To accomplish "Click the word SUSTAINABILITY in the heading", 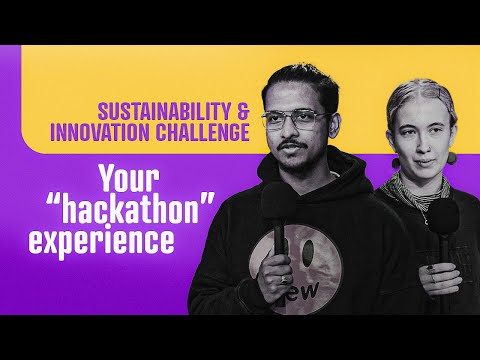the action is (x=164, y=111).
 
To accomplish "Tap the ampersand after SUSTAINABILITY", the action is (x=243, y=111).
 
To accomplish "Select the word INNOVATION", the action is (x=100, y=132).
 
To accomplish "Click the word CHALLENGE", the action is (x=203, y=132).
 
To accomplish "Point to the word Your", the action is (x=130, y=179).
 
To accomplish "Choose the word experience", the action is (x=101, y=240).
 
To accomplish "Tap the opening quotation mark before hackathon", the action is (x=53, y=200).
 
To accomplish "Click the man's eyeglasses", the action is (x=295, y=120).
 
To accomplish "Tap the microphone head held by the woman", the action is (x=444, y=217).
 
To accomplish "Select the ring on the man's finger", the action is (x=283, y=279).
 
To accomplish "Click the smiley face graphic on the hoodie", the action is (x=295, y=269).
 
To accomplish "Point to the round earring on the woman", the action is (x=452, y=158).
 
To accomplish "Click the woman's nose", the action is (x=423, y=144).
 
